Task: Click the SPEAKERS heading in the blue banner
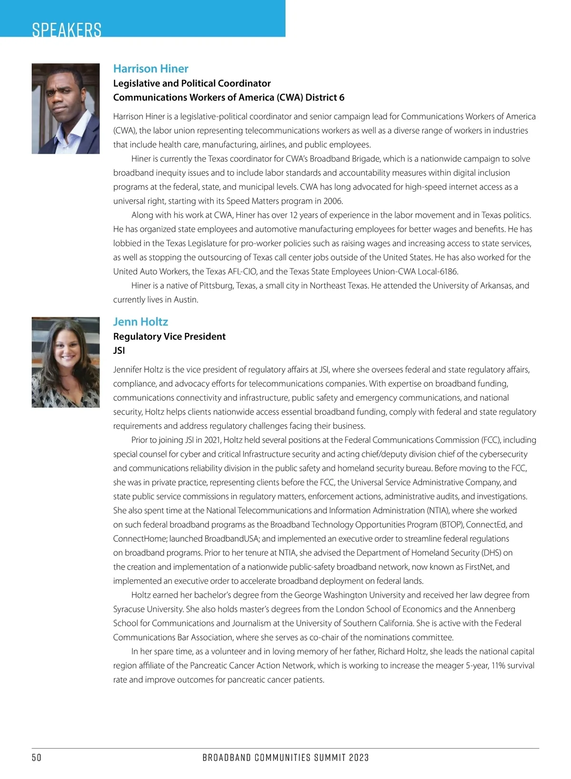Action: click(x=67, y=29)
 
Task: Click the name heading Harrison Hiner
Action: click(x=150, y=68)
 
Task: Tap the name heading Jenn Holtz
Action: click(x=140, y=321)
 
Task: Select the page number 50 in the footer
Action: click(x=37, y=758)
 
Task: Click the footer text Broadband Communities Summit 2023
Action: click(x=285, y=758)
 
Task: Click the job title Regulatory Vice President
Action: click(x=169, y=336)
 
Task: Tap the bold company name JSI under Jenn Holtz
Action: click(x=119, y=351)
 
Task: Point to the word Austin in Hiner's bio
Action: click(x=186, y=300)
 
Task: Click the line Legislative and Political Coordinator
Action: click(x=192, y=83)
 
